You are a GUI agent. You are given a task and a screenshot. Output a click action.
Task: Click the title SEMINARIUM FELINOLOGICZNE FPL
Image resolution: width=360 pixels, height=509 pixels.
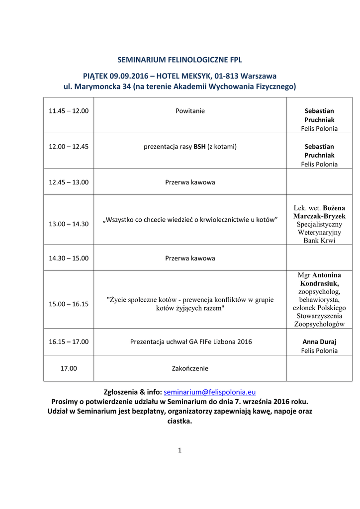coord(180,60)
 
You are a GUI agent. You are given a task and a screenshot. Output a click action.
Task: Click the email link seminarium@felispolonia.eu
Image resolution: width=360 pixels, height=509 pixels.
coord(209,392)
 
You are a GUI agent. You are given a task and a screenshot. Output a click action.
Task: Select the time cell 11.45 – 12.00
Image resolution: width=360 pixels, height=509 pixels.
coord(69,111)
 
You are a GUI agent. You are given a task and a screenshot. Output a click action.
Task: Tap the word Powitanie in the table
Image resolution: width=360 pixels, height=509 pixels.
coord(190,111)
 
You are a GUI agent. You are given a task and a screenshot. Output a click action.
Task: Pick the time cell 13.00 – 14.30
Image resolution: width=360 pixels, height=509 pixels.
coord(69,224)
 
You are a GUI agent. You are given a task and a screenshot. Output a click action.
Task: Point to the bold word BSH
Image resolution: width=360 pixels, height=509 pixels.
coord(199,147)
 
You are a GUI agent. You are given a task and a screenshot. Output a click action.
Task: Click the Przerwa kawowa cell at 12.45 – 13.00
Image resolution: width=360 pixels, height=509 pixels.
coord(190,182)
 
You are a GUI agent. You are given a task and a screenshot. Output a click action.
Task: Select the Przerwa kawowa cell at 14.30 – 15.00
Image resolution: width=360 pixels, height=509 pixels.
coord(190,258)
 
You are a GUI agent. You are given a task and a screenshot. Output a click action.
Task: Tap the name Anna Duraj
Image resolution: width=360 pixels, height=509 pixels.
coord(319,341)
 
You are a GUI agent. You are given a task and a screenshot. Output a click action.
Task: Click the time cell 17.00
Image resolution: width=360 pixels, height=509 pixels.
coord(69,368)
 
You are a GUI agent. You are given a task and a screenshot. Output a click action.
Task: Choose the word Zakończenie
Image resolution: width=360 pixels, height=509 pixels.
coord(190,368)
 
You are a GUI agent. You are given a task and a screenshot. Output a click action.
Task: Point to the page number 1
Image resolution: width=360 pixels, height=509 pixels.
coord(180,450)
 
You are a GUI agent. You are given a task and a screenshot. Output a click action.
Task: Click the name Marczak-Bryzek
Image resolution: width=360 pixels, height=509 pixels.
coord(319,216)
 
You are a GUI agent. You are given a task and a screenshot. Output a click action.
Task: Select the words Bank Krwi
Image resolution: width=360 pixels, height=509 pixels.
coord(319,240)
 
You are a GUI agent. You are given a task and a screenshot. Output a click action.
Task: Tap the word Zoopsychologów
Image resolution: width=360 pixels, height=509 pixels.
coord(319,324)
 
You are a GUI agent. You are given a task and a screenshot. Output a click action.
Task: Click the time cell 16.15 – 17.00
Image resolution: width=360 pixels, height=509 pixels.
coord(69,341)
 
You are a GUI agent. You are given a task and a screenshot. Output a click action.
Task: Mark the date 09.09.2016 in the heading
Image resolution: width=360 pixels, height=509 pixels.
coord(128,76)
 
